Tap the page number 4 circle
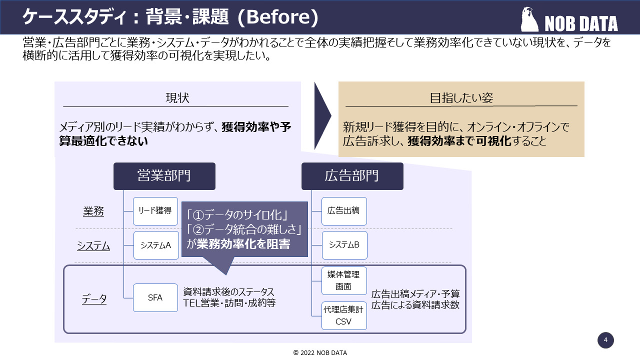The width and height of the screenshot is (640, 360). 605,340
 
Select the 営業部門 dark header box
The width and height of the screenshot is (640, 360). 164,176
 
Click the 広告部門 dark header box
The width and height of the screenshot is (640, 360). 352,176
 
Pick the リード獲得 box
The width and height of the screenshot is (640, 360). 155,211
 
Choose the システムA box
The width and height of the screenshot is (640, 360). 156,245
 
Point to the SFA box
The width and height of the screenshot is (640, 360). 155,297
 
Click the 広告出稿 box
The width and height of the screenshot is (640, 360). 344,211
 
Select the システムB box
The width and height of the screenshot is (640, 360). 344,245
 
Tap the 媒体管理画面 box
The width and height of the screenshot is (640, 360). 344,280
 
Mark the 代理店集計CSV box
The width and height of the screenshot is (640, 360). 344,315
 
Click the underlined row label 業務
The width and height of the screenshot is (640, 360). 93,211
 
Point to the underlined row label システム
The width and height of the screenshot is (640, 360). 93,246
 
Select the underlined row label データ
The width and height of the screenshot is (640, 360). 94,299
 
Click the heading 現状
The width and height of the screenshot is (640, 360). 177,98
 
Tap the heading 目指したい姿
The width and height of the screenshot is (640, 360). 461,98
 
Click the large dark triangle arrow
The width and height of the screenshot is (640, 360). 322,116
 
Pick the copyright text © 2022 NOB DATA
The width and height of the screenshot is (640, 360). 320,352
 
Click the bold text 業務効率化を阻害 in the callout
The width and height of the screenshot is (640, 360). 243,243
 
